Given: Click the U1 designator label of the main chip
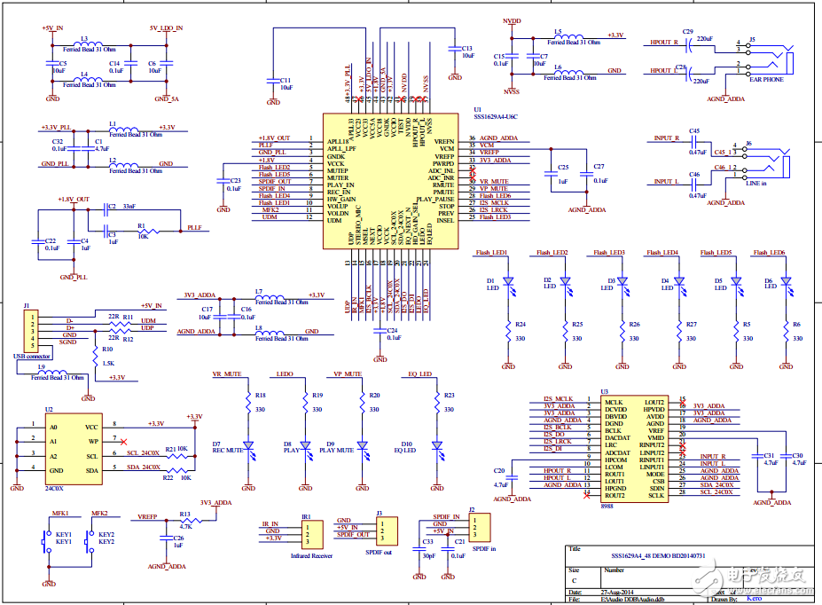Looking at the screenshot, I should [x=479, y=109].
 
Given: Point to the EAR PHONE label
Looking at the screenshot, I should [x=765, y=80].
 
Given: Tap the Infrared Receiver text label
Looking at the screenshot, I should [x=311, y=555].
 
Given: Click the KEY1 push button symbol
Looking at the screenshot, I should [x=46, y=542].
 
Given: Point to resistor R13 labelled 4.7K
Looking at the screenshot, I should [x=184, y=522].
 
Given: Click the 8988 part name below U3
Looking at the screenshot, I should [x=607, y=506].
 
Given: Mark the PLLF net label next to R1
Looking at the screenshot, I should [x=194, y=228].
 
